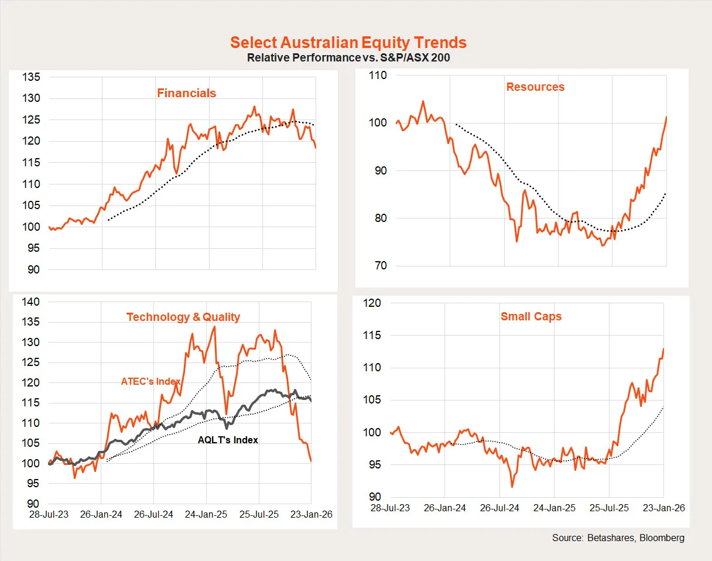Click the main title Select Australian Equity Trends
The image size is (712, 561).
[348, 43]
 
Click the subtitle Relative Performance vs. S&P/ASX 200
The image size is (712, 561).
[348, 58]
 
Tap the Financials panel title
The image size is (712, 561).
[186, 93]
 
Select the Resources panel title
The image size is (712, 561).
[535, 87]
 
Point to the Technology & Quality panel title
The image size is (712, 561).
[183, 317]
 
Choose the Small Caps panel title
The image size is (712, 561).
[530, 316]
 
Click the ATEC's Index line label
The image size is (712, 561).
[150, 382]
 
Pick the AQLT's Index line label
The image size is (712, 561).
[228, 440]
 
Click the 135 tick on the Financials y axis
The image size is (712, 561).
[31, 77]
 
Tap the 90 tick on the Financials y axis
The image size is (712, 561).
[33, 270]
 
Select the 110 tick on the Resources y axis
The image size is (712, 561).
[378, 76]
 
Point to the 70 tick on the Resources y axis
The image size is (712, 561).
[381, 266]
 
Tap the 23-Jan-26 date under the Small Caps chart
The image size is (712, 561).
[664, 508]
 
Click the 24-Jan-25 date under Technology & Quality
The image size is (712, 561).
[206, 515]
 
